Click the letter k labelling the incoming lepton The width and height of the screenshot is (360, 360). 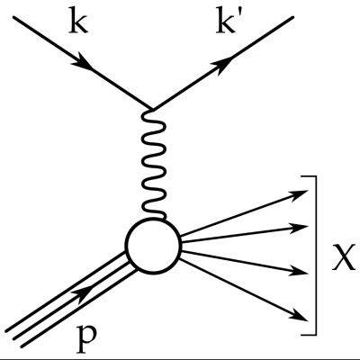[x=78, y=22]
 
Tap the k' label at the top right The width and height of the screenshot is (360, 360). [x=226, y=22]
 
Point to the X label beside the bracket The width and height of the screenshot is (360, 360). [x=344, y=257]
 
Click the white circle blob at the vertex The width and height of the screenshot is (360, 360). [x=153, y=246]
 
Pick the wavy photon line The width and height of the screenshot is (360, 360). [x=154, y=165]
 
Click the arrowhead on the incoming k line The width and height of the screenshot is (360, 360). [x=83, y=62]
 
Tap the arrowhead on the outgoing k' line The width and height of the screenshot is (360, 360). [x=222, y=64]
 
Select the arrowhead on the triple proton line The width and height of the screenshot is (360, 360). [x=85, y=293]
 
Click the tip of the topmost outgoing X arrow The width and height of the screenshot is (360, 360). [x=308, y=190]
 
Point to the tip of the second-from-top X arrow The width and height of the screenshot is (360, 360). [x=308, y=226]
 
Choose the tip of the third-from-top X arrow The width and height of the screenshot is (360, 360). [x=308, y=274]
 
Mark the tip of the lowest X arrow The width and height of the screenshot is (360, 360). [x=308, y=320]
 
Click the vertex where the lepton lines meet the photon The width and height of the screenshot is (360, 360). [x=153, y=110]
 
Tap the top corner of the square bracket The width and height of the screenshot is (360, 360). [x=316, y=176]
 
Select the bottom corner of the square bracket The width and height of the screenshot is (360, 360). [x=316, y=334]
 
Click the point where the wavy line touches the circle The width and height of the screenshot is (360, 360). [x=164, y=220]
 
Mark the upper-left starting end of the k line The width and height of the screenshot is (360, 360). [x=13, y=17]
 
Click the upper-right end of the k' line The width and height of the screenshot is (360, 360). [x=292, y=17]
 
